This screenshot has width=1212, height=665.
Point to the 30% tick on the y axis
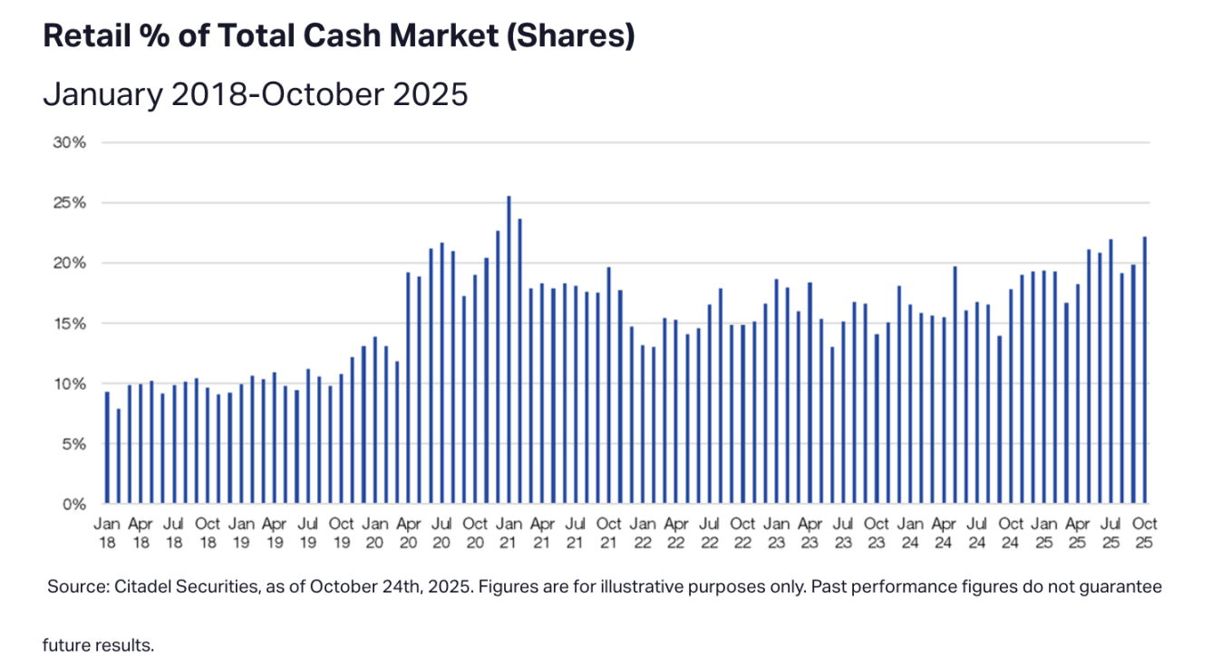tap(73, 142)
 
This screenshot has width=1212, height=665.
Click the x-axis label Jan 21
tap(508, 533)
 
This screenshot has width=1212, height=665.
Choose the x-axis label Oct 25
tap(1145, 533)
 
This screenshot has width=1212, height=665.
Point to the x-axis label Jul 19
tap(307, 533)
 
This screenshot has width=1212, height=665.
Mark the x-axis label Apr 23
tap(810, 533)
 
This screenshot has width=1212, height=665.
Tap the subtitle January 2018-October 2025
tap(255, 93)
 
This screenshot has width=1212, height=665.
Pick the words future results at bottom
tap(98, 645)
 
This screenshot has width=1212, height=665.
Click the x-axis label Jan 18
tap(107, 533)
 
